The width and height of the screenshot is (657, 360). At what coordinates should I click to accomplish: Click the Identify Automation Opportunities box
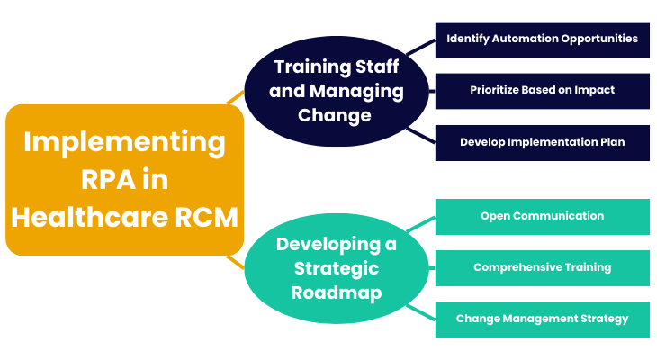(x=542, y=40)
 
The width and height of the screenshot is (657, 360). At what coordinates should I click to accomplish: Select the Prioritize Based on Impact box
(x=542, y=92)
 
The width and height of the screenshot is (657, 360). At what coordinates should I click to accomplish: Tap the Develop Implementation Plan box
(x=542, y=143)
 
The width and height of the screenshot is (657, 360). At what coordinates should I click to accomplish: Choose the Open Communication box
(x=542, y=217)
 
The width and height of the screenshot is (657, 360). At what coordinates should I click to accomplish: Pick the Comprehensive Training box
(x=542, y=268)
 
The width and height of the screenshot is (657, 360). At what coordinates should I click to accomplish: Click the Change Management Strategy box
(x=542, y=319)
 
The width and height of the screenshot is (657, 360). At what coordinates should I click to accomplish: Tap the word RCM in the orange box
(x=207, y=218)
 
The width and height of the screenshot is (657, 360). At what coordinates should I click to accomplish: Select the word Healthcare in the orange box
(x=90, y=218)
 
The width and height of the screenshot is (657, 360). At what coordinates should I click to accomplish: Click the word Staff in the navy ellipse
(x=377, y=67)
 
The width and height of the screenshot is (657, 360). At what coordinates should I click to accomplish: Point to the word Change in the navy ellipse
(x=335, y=116)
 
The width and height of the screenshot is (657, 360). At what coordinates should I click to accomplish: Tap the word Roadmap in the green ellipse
(x=337, y=292)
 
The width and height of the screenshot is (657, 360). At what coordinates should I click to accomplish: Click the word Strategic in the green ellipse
(x=337, y=268)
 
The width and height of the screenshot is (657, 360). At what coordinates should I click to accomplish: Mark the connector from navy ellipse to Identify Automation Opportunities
(x=420, y=48)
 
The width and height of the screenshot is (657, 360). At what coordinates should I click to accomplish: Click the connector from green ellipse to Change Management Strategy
(x=420, y=312)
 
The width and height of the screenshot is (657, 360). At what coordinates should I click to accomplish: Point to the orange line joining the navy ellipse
(x=236, y=97)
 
